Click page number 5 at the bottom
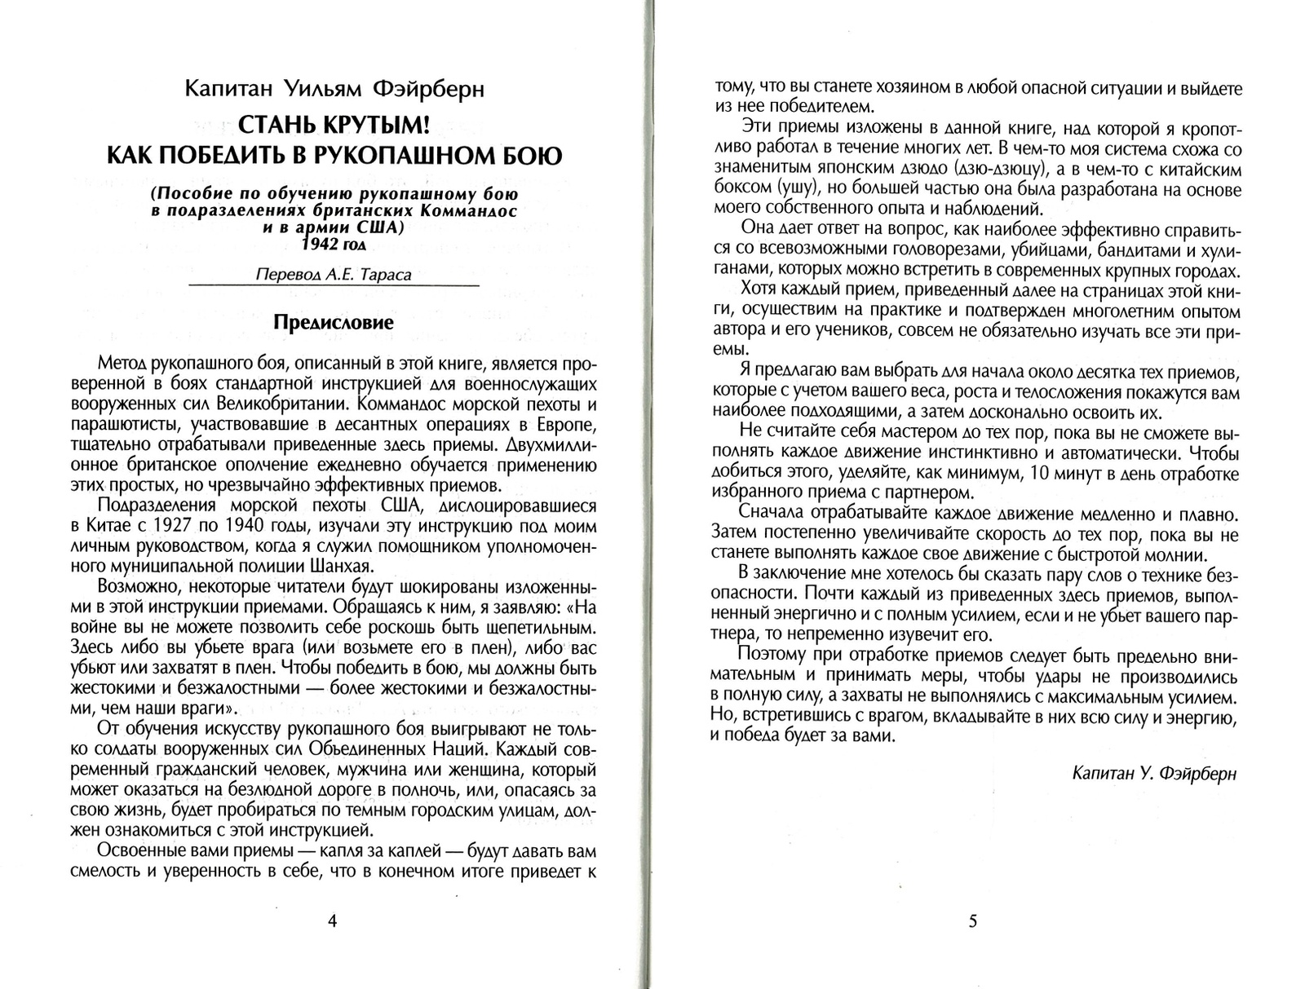coord(972,921)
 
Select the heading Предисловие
coord(334,323)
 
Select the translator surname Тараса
coord(383,275)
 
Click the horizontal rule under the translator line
coord(334,285)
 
